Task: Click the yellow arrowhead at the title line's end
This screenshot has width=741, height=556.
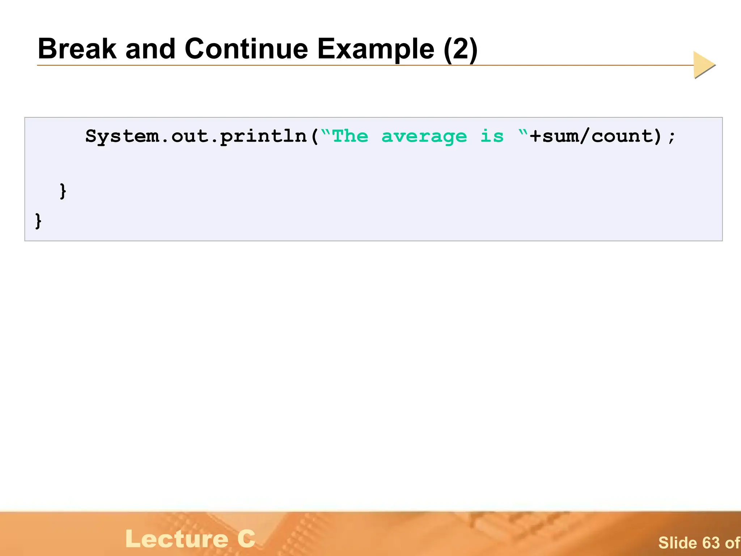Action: click(703, 65)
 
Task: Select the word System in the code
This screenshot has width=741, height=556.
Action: click(122, 137)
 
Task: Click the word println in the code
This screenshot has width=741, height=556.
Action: click(263, 137)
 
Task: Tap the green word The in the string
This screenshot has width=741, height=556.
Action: click(350, 136)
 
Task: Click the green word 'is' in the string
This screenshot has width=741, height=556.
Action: click(492, 136)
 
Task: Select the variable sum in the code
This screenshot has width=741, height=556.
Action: click(560, 137)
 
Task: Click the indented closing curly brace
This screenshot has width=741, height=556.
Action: click(63, 191)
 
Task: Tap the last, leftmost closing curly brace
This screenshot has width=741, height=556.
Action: click(38, 221)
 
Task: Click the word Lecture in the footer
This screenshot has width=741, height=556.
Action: click(177, 539)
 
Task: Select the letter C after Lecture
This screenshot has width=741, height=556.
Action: click(246, 539)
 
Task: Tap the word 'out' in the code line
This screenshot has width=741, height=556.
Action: click(189, 137)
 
